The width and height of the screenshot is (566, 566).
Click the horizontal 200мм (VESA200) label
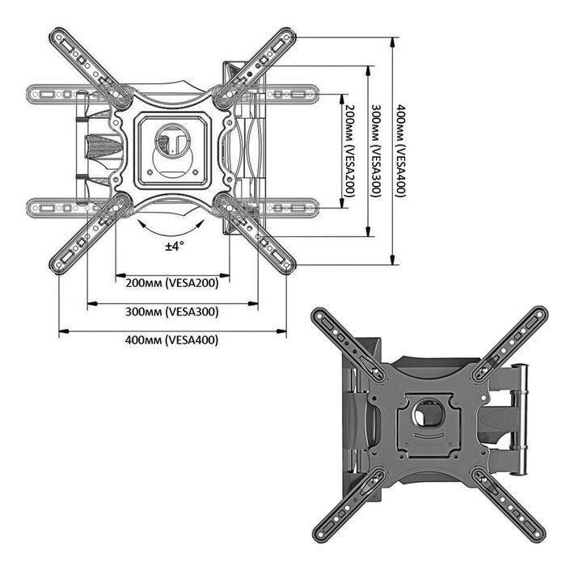[172, 283]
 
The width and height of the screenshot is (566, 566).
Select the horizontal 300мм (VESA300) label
[172, 311]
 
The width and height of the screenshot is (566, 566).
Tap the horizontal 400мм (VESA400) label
[171, 340]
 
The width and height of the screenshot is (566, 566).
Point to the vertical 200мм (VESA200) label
[350, 150]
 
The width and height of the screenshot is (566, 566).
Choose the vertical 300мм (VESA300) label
[376, 150]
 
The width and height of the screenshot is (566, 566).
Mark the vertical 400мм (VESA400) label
[401, 150]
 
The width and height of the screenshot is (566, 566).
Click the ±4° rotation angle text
[175, 246]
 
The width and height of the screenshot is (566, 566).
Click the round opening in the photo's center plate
[429, 413]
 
